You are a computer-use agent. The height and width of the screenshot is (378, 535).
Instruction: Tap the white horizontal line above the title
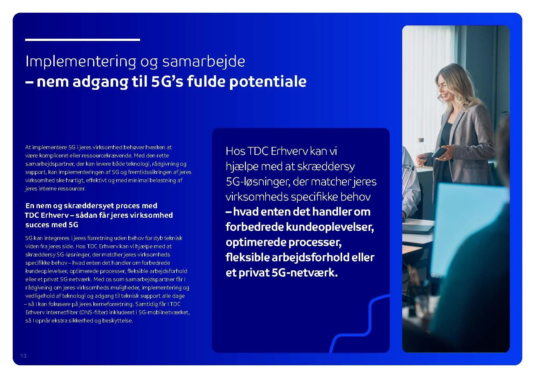(x=83, y=40)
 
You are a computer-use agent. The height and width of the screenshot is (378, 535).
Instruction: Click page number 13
(x=24, y=356)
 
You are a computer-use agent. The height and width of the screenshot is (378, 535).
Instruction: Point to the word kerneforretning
(x=113, y=304)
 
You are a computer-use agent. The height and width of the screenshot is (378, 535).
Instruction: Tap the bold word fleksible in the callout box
(x=247, y=257)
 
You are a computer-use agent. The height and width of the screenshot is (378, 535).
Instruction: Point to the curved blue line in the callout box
(x=369, y=321)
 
